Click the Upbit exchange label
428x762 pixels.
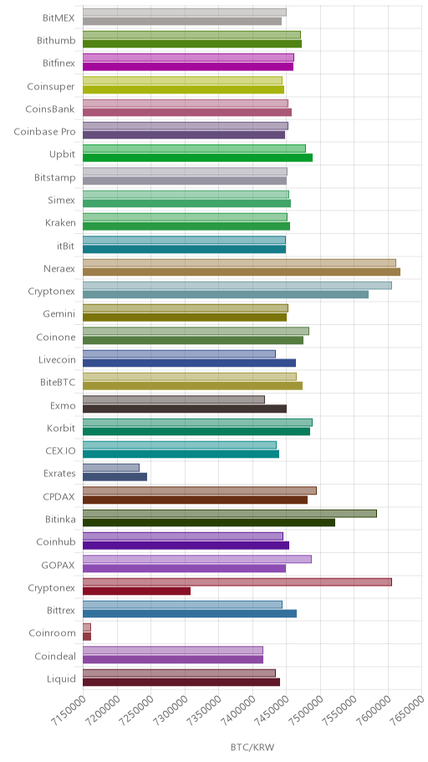point(62,155)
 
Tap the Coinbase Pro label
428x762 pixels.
point(45,132)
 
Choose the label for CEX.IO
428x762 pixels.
point(60,451)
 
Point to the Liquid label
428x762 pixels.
point(61,679)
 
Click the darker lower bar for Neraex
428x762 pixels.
point(242,272)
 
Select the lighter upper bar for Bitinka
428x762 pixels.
point(230,513)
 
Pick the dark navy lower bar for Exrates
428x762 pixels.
point(115,477)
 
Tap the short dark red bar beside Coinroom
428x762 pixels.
point(87,636)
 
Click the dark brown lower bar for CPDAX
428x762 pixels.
point(195,500)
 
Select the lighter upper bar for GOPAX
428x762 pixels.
point(197,559)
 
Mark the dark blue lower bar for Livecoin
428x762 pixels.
point(189,363)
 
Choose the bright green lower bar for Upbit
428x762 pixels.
point(198,157)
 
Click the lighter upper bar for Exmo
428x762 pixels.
point(174,399)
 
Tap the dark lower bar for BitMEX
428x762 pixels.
point(182,21)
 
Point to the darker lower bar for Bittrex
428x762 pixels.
point(190,613)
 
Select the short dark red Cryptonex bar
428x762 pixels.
point(136,591)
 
